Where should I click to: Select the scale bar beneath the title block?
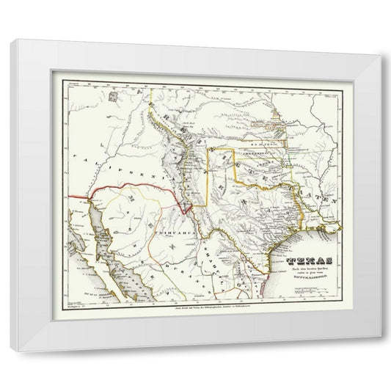pyautogui.click(x=304, y=292)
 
